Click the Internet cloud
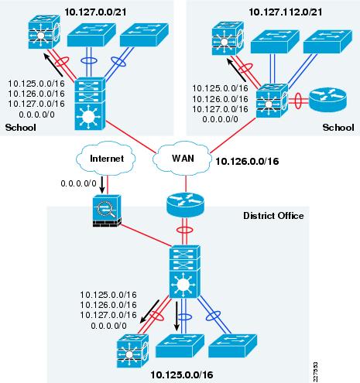106,158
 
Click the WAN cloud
182,159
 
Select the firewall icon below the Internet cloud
107,210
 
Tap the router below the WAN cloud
185,204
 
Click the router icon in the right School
327,100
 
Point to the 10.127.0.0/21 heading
95,12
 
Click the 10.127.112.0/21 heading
285,12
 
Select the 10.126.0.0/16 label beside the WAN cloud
247,162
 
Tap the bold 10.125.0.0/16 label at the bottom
182,374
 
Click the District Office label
273,216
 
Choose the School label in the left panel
21,128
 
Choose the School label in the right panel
338,128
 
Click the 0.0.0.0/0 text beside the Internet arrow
78,183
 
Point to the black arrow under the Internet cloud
102,185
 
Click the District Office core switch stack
184,272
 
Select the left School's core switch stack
90,104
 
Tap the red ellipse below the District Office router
185,230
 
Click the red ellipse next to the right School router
298,101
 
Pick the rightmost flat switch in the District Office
232,346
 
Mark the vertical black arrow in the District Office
177,316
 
